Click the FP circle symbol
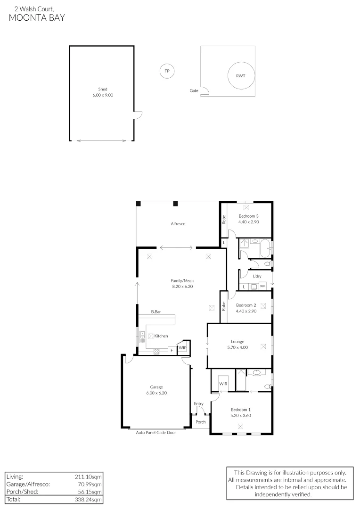click(166, 71)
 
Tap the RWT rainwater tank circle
click(241, 75)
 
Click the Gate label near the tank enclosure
click(194, 90)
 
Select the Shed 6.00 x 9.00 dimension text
click(103, 95)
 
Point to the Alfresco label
click(178, 224)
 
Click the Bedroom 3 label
click(248, 216)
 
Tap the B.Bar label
click(156, 312)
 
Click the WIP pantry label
click(182, 348)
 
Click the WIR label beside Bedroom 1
click(223, 384)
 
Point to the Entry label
click(198, 403)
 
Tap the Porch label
click(201, 422)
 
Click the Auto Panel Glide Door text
click(156, 433)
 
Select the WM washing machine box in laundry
click(262, 286)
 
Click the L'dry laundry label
click(257, 276)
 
